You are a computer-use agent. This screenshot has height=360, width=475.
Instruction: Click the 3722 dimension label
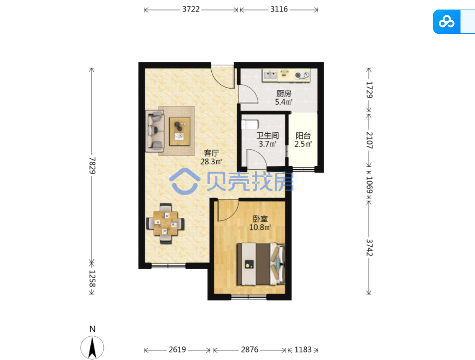(x=191, y=9)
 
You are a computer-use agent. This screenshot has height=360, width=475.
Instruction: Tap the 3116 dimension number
(x=279, y=9)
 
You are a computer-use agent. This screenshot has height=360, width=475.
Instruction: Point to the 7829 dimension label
(x=92, y=166)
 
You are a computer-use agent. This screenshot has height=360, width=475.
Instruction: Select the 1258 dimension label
(x=92, y=278)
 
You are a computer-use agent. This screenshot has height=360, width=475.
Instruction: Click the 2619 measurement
(x=177, y=350)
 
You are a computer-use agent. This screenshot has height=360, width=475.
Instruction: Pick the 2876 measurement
(x=250, y=350)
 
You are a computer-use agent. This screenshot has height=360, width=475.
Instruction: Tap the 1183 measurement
(x=303, y=350)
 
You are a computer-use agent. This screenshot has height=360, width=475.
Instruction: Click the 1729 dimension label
(x=369, y=90)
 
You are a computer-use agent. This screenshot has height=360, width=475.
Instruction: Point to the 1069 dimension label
(x=369, y=185)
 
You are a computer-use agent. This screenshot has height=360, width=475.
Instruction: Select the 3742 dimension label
(x=369, y=248)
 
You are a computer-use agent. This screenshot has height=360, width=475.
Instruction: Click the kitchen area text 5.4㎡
(x=284, y=101)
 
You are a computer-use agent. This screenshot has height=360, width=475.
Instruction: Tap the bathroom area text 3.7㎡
(x=267, y=144)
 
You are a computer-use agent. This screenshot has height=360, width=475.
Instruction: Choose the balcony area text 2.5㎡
(x=303, y=144)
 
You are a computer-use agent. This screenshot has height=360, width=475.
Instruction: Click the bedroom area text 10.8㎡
(x=260, y=227)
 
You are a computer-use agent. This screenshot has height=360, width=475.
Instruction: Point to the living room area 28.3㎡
(x=211, y=162)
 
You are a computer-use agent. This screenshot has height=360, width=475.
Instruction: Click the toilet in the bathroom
(x=250, y=125)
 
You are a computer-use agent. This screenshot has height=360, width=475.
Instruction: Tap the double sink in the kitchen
(x=270, y=75)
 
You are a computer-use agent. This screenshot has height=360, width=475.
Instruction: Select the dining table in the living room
(x=166, y=223)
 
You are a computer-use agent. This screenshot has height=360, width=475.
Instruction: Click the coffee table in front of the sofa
(x=180, y=132)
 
